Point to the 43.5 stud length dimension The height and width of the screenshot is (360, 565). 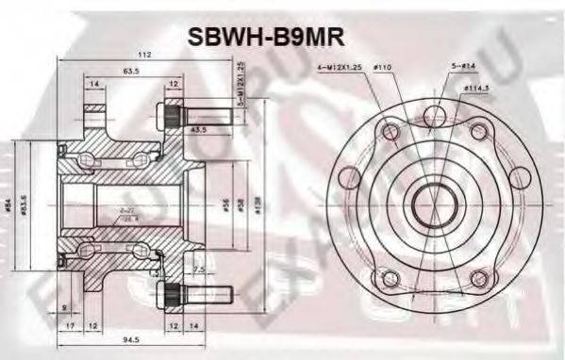click(x=199, y=129)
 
